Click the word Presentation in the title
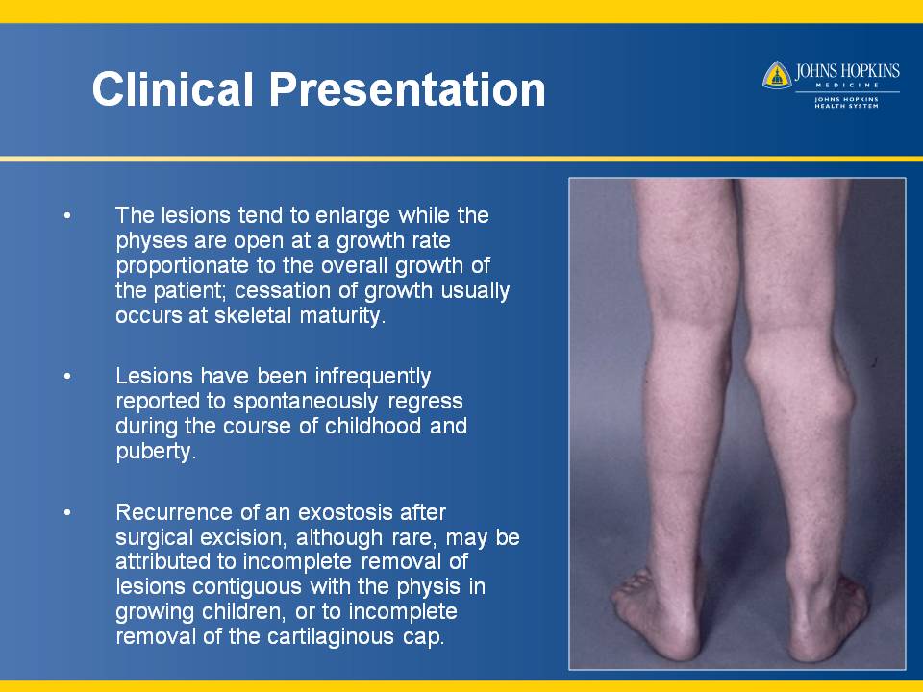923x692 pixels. click(408, 90)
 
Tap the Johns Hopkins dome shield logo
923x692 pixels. click(777, 75)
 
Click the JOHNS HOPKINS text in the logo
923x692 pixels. click(847, 72)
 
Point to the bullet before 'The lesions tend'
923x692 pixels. click(67, 216)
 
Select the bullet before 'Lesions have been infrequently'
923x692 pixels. click(67, 376)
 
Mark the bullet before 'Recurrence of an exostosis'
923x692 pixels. click(67, 512)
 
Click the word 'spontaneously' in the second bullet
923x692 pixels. click(305, 402)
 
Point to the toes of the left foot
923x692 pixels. click(629, 587)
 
